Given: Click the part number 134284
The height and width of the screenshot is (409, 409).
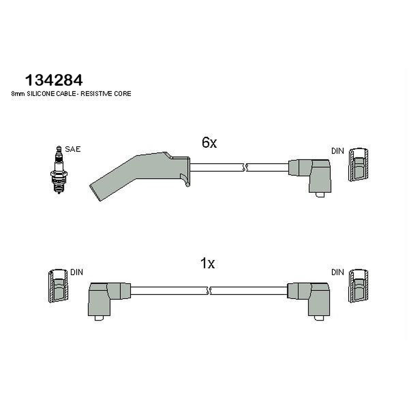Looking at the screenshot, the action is (54, 80).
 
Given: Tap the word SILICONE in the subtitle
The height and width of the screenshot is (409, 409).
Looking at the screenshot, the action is (41, 94).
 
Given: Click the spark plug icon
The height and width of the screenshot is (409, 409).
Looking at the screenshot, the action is (59, 170).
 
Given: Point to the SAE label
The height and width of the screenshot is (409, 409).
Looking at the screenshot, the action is (73, 149).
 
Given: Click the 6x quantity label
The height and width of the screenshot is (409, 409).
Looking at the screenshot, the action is (209, 143).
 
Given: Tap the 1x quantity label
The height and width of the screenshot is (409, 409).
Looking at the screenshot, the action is (208, 263).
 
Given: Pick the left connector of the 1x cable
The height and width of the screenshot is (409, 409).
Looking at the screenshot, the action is (108, 300).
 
